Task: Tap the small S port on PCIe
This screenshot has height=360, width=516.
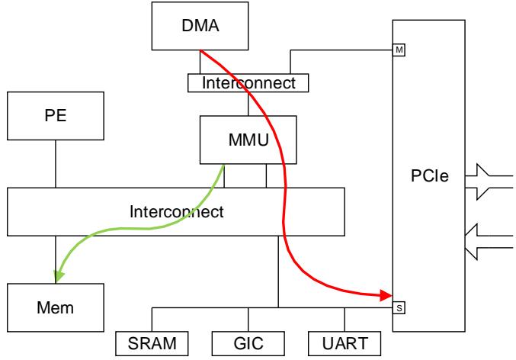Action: (x=399, y=308)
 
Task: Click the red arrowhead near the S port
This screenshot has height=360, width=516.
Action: (x=386, y=294)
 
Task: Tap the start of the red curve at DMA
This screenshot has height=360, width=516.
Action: (x=201, y=52)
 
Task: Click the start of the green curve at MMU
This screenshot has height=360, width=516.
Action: (x=223, y=165)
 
